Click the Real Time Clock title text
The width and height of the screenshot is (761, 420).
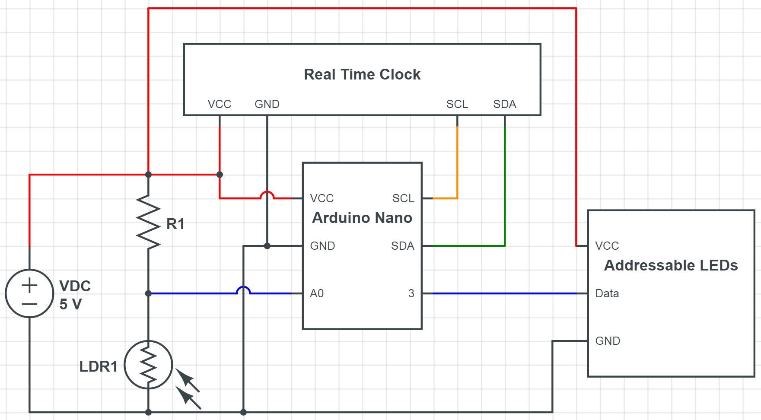[x=362, y=74]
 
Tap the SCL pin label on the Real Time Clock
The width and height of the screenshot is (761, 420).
[x=457, y=104]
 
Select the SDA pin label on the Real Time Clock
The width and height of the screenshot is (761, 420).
[x=504, y=104]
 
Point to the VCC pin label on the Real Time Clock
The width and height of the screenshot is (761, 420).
[x=219, y=104]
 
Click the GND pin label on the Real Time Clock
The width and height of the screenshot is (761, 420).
[x=267, y=104]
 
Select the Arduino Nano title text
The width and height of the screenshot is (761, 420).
[x=362, y=218]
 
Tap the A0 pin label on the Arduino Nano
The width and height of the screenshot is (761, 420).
[x=316, y=293]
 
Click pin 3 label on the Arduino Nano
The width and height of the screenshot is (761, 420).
[x=411, y=293]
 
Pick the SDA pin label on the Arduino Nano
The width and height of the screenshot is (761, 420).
[x=402, y=246]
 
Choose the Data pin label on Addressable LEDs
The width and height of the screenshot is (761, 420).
[x=607, y=293]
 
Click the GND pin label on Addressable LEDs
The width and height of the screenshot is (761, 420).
[x=607, y=341]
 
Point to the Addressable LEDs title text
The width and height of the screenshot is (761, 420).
[x=671, y=265]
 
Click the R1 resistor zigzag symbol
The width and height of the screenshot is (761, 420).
[x=148, y=223]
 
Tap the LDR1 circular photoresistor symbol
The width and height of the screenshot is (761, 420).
[x=148, y=365]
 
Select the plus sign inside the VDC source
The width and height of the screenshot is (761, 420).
[x=29, y=285]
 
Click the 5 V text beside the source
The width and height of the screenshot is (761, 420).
[x=70, y=304]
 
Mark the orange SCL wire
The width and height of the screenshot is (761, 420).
[x=457, y=164]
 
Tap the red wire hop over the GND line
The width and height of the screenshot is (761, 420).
[x=267, y=194]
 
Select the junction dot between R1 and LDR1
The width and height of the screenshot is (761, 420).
[x=148, y=293]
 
